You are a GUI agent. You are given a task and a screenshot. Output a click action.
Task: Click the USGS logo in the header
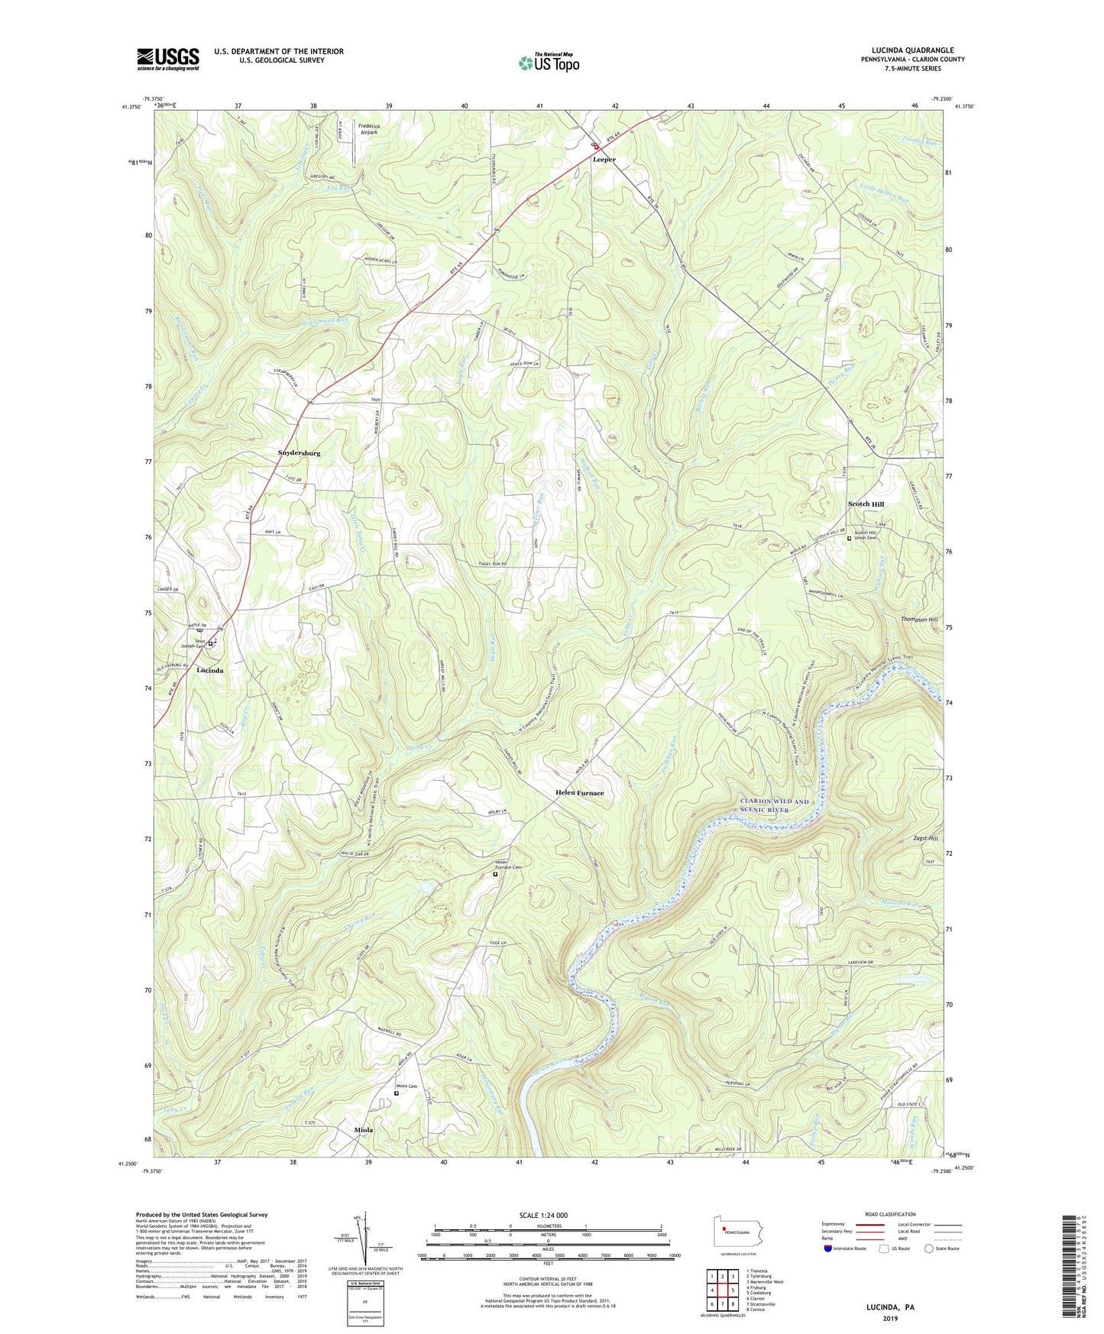point(168,59)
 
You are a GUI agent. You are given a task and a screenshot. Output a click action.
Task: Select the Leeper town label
point(604,160)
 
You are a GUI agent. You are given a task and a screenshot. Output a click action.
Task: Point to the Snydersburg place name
point(298,453)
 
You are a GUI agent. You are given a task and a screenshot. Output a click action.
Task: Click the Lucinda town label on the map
point(210,670)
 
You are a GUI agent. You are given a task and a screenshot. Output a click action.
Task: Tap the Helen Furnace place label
point(578,793)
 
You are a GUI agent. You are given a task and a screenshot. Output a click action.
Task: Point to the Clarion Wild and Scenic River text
point(774,805)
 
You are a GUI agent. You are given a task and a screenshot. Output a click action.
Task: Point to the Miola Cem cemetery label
point(406,1086)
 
